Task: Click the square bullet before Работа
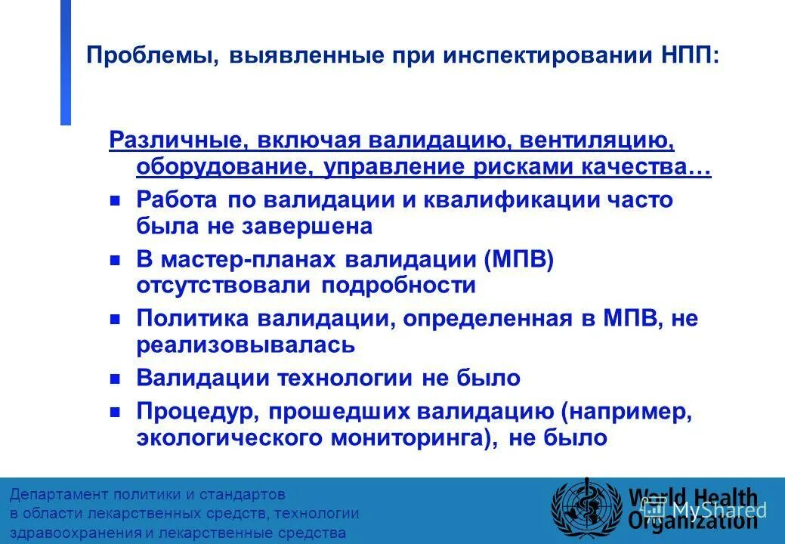116,201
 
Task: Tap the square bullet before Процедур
116,413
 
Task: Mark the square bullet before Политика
116,319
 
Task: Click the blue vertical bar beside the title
66,62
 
